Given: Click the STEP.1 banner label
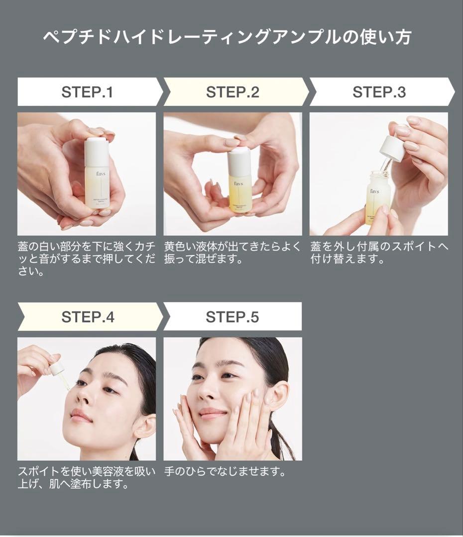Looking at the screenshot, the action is coord(87,92).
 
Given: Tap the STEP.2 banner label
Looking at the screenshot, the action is coord(232,92).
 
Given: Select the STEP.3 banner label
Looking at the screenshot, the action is coord(379,92).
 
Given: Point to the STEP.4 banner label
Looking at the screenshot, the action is coord(88,317).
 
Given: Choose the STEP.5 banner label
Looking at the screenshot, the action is coord(232,317).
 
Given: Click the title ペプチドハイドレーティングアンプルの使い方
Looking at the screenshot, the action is coord(227,37).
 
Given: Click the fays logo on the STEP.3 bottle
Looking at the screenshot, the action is coord(374,191).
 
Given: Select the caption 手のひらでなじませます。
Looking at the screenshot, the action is coord(225,471).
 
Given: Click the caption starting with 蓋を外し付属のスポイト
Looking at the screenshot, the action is coord(379,253).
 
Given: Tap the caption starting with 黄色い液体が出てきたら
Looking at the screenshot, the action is coord(232,253).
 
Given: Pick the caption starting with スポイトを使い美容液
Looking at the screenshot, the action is coord(87,478).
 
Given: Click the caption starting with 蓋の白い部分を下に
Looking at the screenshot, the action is coord(87,259).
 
